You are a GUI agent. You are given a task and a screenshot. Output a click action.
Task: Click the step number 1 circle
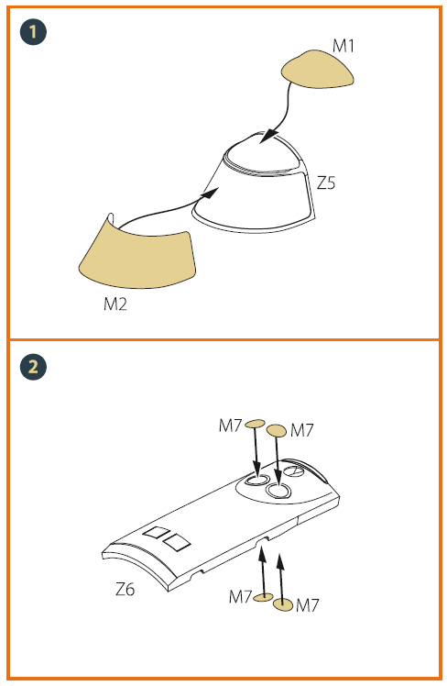click(x=33, y=31)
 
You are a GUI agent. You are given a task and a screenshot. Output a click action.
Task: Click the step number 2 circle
click(x=33, y=367)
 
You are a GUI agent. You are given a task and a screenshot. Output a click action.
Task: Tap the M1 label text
click(x=343, y=46)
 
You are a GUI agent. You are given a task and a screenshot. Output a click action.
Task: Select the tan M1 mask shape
click(x=318, y=69)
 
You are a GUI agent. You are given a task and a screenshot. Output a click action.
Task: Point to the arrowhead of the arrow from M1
click(x=268, y=136)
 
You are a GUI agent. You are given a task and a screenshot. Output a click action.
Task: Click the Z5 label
click(x=326, y=183)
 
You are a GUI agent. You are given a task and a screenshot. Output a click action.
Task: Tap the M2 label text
click(x=115, y=304)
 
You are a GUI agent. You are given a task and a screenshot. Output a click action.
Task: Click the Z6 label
click(x=125, y=590)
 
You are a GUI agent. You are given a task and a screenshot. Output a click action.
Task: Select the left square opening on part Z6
click(x=157, y=533)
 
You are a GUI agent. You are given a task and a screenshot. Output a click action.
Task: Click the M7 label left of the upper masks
click(x=230, y=426)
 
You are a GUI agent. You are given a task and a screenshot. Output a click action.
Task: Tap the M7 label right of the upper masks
click(x=302, y=430)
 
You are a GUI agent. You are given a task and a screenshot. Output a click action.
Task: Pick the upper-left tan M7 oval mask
click(x=255, y=423)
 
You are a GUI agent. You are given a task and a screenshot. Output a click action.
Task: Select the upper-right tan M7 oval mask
click(x=277, y=430)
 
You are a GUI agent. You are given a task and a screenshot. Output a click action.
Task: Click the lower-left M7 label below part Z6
click(x=241, y=596)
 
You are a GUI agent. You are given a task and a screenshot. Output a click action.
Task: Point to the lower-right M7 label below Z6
click(x=308, y=605)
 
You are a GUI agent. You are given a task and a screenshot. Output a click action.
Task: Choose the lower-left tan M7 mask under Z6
click(x=263, y=597)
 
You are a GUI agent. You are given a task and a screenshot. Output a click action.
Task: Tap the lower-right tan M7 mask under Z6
click(x=283, y=604)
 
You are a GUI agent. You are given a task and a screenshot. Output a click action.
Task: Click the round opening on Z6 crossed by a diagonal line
click(x=294, y=471)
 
